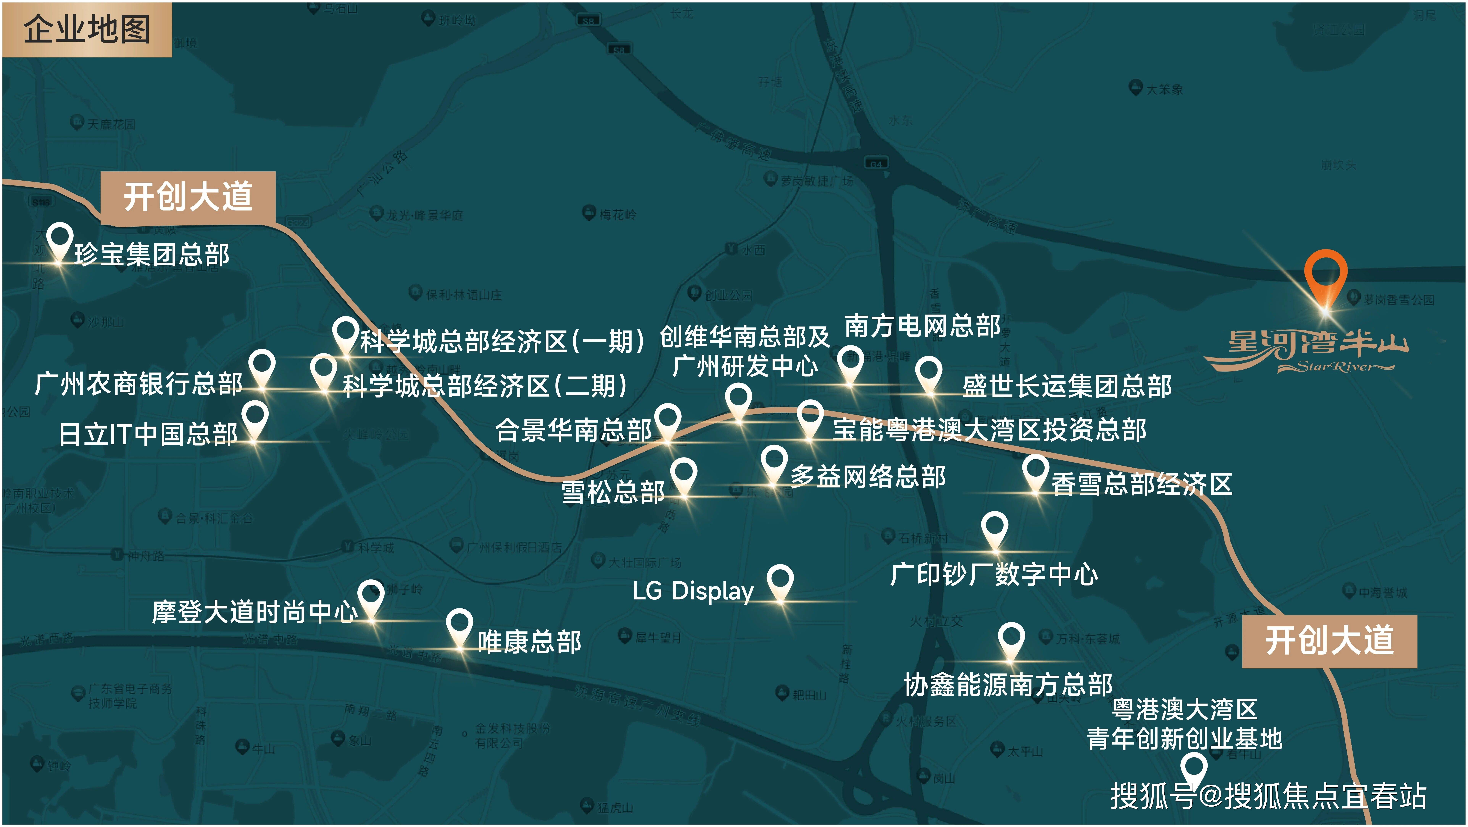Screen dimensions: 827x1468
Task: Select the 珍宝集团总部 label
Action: [x=152, y=254]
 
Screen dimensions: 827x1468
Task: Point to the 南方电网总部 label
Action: [x=922, y=326]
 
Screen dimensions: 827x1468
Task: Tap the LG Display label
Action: [x=693, y=591]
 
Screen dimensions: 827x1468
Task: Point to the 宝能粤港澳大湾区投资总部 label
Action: [x=989, y=430]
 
